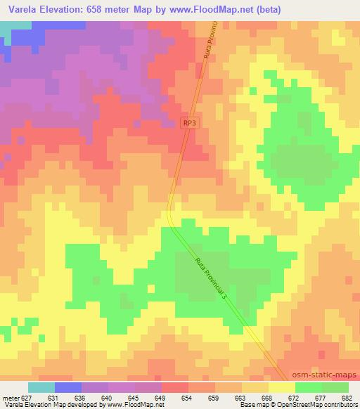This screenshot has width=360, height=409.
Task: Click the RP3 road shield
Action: tap(188, 123)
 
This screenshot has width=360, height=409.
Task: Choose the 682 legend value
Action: tap(348, 397)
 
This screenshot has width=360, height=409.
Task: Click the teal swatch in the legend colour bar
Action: tap(41, 387)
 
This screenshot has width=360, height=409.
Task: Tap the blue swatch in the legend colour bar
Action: tap(68, 387)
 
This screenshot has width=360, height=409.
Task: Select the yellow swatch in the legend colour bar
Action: tap(282, 387)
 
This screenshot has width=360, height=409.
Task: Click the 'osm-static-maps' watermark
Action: tap(324, 375)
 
